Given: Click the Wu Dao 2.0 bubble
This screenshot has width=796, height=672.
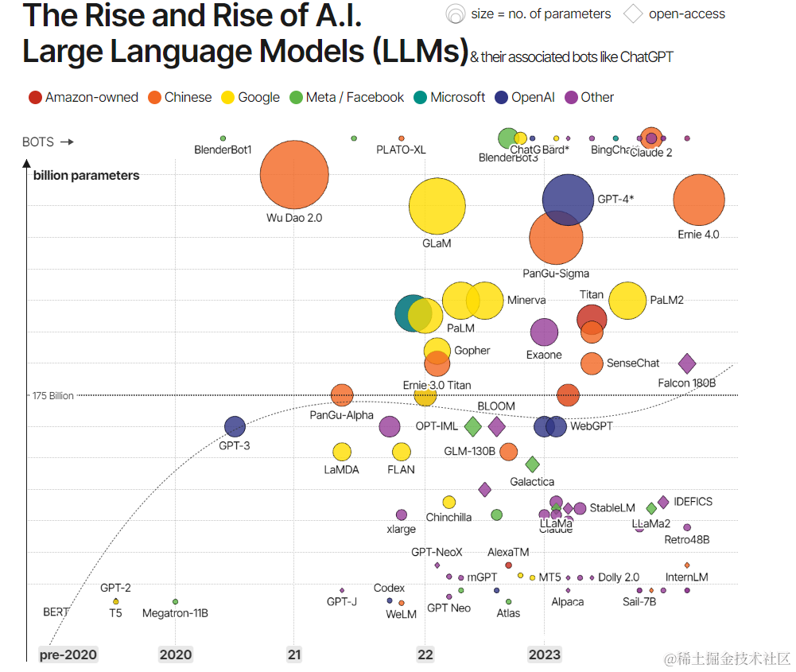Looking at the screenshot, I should [294, 174].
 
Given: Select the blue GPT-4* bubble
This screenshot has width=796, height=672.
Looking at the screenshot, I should [568, 199].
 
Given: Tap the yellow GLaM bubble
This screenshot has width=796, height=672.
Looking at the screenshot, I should [437, 206].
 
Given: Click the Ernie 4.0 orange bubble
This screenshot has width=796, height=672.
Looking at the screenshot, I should [698, 200].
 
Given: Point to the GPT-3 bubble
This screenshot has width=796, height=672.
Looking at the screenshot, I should [235, 427].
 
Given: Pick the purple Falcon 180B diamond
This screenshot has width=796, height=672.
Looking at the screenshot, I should [687, 363].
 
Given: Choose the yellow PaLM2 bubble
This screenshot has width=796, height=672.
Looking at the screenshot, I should [627, 301].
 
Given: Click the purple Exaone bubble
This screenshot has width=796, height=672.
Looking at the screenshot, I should [544, 332].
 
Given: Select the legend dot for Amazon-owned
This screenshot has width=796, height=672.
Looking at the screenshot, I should [35, 98].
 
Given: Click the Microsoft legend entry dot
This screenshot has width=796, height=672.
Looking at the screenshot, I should [421, 98].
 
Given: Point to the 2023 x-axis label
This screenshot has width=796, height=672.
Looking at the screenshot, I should [544, 655].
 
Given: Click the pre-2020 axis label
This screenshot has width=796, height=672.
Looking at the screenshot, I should [68, 655].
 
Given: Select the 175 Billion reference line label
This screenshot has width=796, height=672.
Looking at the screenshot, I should [52, 395].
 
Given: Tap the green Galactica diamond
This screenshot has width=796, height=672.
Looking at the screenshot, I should [532, 464].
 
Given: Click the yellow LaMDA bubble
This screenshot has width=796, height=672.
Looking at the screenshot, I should [342, 452].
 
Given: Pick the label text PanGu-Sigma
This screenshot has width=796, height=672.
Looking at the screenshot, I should [556, 274].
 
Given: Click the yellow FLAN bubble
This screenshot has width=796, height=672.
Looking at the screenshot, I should [402, 452].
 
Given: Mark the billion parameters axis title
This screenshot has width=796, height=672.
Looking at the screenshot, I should [86, 176].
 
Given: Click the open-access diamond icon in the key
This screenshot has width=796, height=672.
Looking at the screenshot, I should [633, 14].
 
